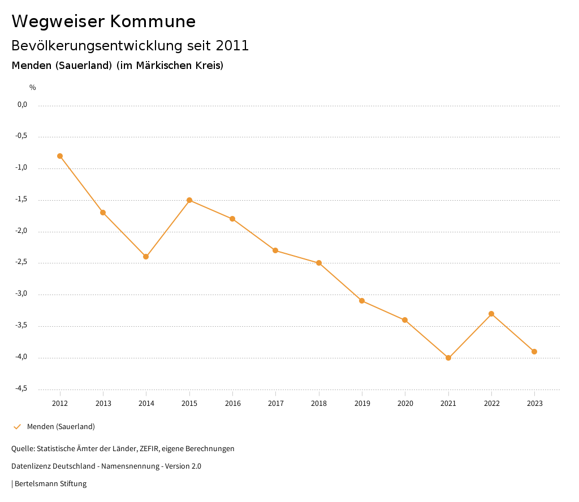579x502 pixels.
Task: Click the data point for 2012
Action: coord(60,156)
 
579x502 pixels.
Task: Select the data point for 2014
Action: coord(146,257)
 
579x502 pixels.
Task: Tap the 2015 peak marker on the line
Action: coord(189,200)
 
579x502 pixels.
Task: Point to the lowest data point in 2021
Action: coord(448,358)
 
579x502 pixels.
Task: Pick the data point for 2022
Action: coord(491,314)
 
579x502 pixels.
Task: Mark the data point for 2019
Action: coord(362,301)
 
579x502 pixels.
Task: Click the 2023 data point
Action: coord(534,352)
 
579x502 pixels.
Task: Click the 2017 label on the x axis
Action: coord(276,404)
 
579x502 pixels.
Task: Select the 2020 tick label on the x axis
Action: coord(405,404)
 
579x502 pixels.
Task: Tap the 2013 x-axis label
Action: coord(103,404)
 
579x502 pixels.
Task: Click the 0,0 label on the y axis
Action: coord(22,105)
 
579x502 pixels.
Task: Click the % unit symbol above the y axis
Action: coord(33,88)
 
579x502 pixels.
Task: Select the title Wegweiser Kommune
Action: coord(103,21)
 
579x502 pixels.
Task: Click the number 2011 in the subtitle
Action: coord(232,46)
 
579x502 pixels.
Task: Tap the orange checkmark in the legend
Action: coord(17,427)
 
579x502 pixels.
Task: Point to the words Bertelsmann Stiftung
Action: coord(50,484)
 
